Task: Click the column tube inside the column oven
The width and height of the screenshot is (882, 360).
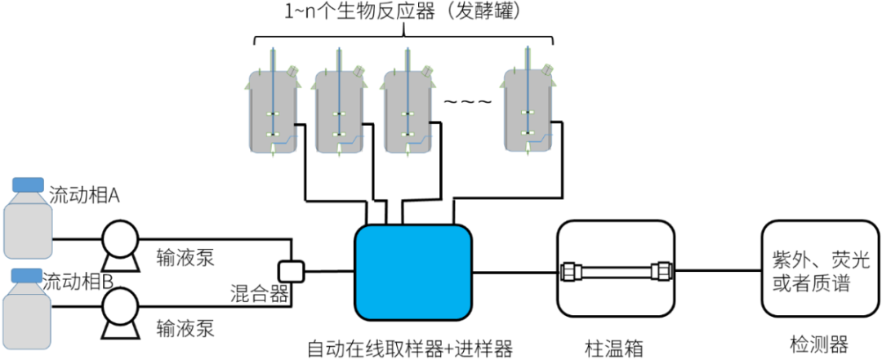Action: tap(615, 269)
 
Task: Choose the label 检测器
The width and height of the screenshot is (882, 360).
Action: tap(819, 344)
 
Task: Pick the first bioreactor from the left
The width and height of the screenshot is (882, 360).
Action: tap(271, 112)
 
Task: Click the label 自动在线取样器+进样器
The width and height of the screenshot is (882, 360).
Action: tap(410, 349)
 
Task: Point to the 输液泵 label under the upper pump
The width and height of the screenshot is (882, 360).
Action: tap(185, 258)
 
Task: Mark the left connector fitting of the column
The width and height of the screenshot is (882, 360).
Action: tap(570, 269)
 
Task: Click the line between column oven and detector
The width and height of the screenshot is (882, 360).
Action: tap(718, 269)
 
